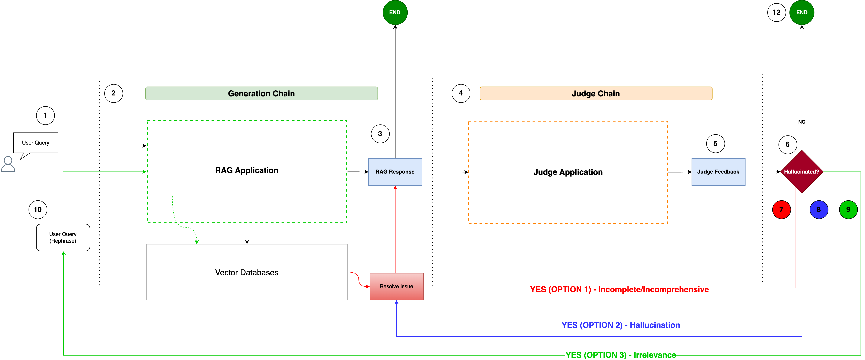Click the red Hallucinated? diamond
pyautogui.click(x=802, y=172)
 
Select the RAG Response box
pyautogui.click(x=395, y=172)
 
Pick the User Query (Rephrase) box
pyautogui.click(x=63, y=237)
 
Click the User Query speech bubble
pyautogui.click(x=36, y=143)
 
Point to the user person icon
pyautogui.click(x=8, y=164)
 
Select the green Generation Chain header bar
pyautogui.click(x=261, y=93)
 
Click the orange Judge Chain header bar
pyautogui.click(x=596, y=93)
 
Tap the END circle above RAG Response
pyautogui.click(x=395, y=12)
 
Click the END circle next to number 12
pyautogui.click(x=802, y=12)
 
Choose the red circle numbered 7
pyautogui.click(x=781, y=210)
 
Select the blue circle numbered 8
pyautogui.click(x=819, y=210)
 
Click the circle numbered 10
pyautogui.click(x=38, y=210)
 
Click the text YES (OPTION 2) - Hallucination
pyautogui.click(x=621, y=325)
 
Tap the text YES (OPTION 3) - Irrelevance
pyautogui.click(x=621, y=355)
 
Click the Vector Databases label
pyautogui.click(x=247, y=272)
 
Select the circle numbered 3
pyautogui.click(x=380, y=134)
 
